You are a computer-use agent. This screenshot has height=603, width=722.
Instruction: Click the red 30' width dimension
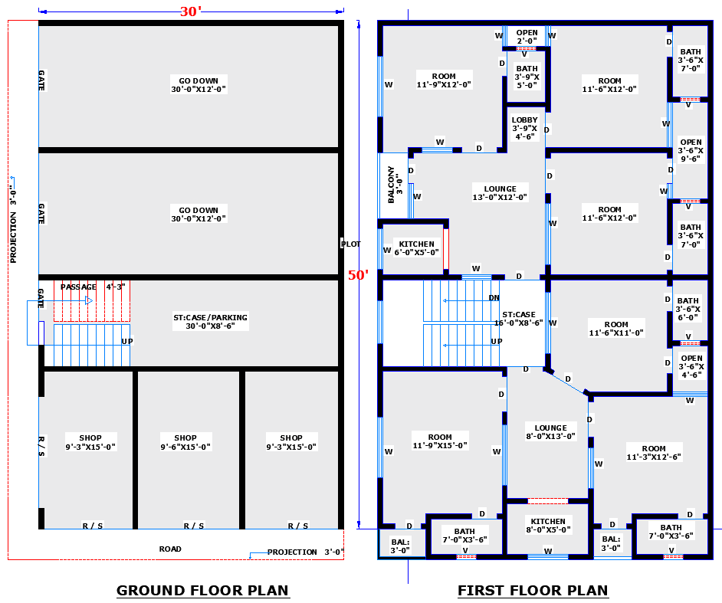coord(190,11)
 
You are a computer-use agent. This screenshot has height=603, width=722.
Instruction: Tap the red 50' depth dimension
coord(358,275)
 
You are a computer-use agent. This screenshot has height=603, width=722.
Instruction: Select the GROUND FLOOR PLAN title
coord(202,590)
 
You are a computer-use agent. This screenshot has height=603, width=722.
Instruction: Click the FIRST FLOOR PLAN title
coord(533,590)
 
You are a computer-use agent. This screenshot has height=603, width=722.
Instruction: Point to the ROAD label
coord(170,549)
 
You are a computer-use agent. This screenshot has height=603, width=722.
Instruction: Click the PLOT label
coord(350,244)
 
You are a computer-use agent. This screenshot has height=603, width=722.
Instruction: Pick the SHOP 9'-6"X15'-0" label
coord(185,442)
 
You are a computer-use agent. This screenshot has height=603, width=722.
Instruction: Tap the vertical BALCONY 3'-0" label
coord(395,184)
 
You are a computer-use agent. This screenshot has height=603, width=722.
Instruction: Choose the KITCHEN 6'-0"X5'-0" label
coord(416,248)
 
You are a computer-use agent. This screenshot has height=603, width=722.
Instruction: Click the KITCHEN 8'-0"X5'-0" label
coord(547,525)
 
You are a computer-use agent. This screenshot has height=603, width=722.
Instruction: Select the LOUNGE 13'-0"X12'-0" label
coord(500,193)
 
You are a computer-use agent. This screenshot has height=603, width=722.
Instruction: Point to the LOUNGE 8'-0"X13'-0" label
coord(551,432)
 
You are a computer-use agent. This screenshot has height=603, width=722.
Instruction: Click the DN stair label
coord(494,298)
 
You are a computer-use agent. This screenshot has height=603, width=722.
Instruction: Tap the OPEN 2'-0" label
coord(527,37)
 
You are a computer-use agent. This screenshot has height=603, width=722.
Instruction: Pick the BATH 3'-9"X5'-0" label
coord(527,77)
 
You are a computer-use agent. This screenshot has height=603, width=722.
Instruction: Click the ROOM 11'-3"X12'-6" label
coord(654,453)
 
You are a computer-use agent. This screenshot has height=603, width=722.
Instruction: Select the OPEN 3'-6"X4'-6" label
coord(691,366)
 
